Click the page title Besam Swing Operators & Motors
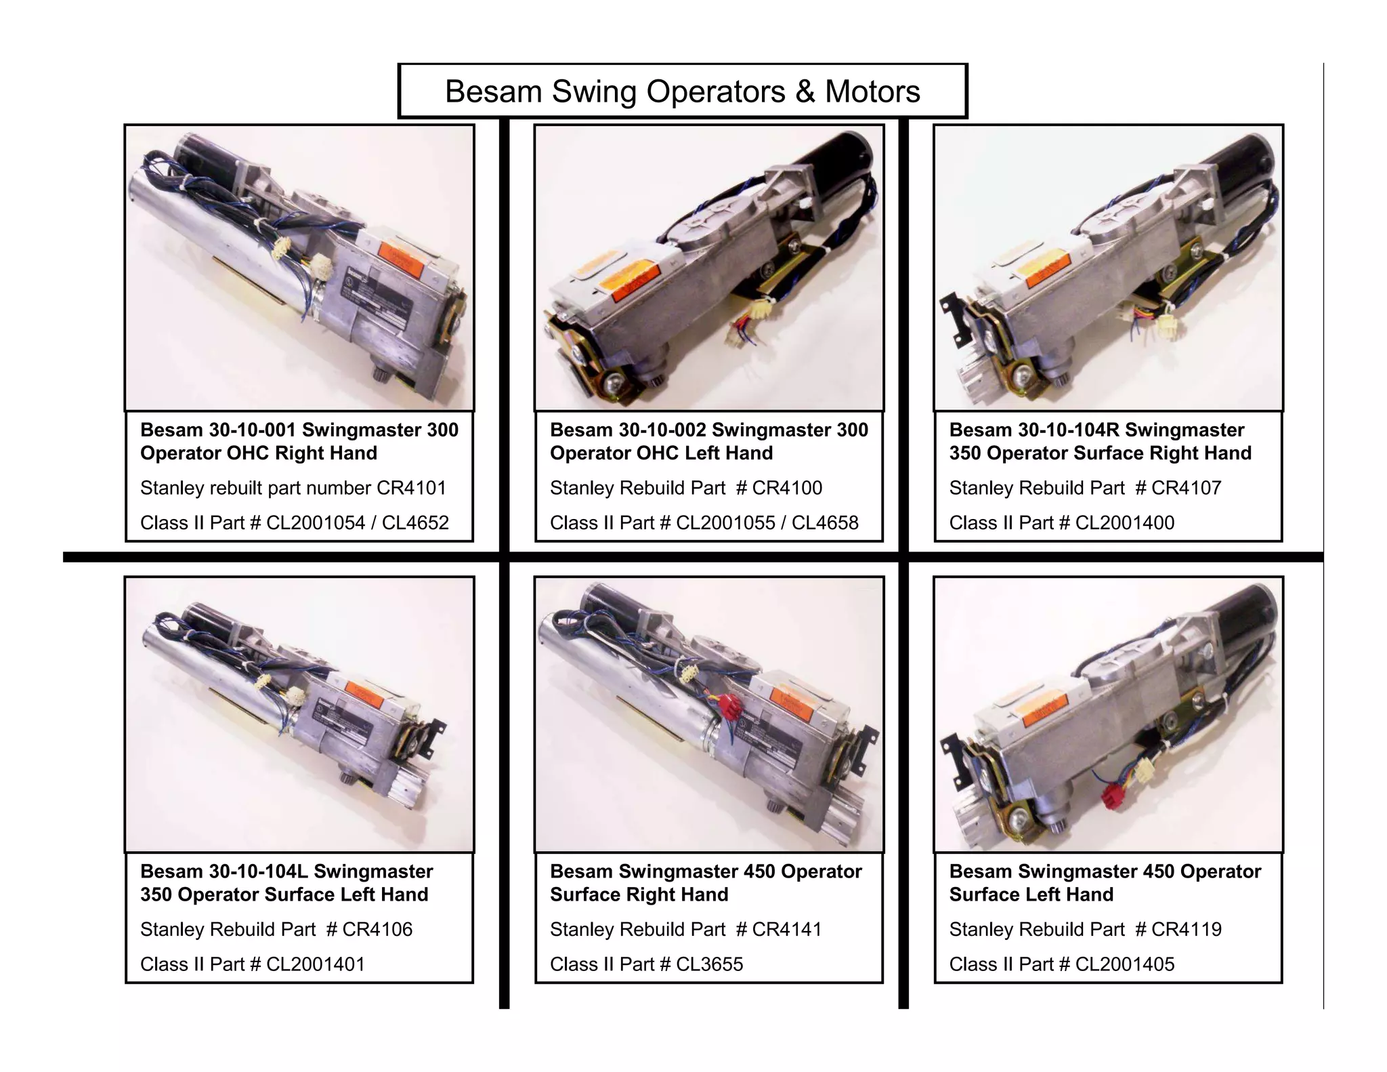[x=682, y=91]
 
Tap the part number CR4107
[x=1187, y=488]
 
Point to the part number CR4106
[x=377, y=929]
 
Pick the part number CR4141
[x=787, y=929]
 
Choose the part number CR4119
[x=1187, y=929]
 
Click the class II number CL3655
[x=710, y=964]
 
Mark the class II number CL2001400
[x=1125, y=523]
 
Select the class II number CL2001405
[x=1125, y=964]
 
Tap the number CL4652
[x=415, y=523]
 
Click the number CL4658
[x=825, y=523]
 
